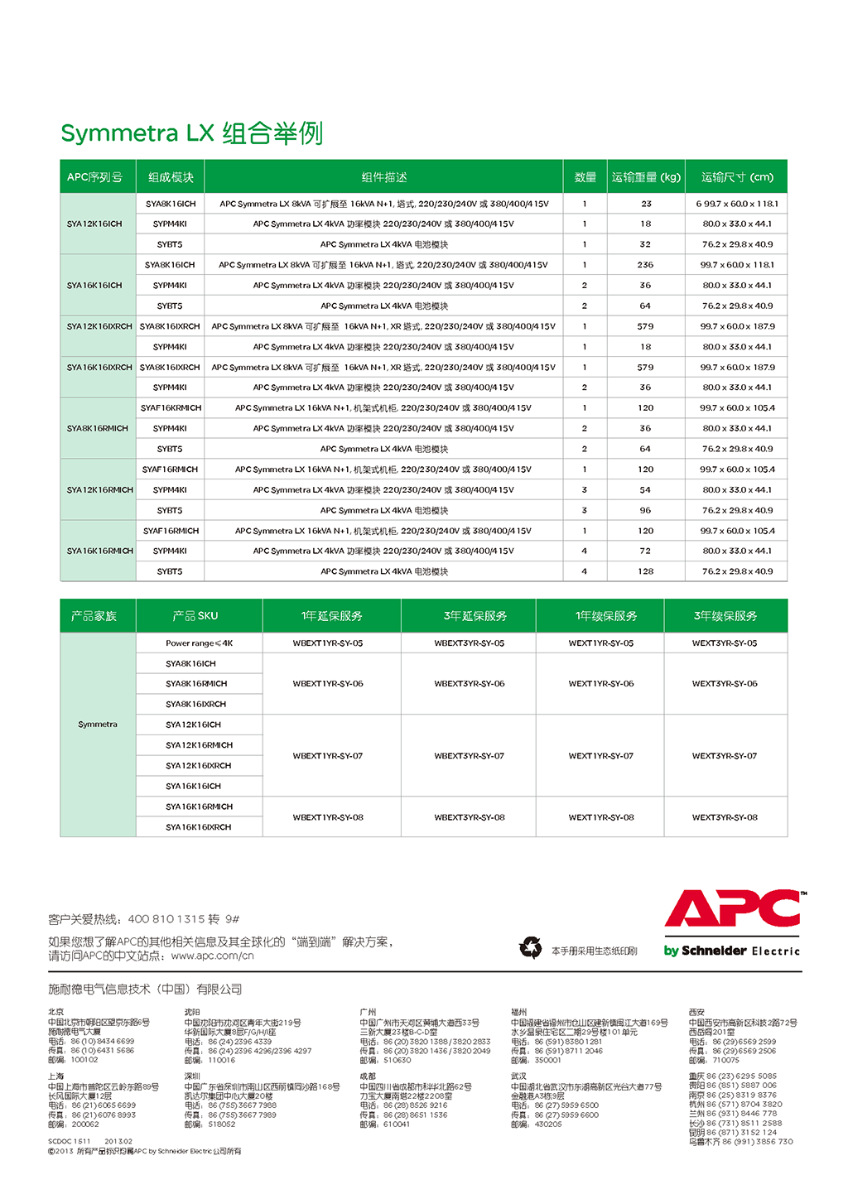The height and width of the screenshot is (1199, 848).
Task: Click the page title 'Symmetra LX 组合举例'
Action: (x=191, y=133)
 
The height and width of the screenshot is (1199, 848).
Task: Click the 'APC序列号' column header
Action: (x=94, y=177)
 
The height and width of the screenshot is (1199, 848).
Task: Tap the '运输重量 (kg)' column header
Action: (x=646, y=177)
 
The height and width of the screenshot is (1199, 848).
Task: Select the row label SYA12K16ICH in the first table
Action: (x=94, y=224)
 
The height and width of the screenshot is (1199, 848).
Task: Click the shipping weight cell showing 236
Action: (x=645, y=265)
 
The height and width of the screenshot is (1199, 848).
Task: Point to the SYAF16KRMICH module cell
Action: (x=171, y=408)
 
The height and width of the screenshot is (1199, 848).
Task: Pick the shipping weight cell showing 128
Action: (x=645, y=571)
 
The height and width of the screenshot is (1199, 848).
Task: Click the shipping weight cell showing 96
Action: (x=645, y=510)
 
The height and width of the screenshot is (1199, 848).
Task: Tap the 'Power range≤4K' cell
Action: (x=199, y=643)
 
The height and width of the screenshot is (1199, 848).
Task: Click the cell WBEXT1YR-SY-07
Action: (x=328, y=756)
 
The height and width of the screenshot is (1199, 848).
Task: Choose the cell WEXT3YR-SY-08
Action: (x=725, y=817)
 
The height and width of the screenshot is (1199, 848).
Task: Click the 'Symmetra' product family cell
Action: (x=98, y=725)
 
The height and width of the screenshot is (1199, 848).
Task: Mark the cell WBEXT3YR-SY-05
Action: (x=469, y=643)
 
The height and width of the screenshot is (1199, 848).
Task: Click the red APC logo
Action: (x=733, y=909)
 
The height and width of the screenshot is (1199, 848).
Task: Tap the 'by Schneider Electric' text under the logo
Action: (x=732, y=951)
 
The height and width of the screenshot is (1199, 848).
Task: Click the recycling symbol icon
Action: (x=530, y=947)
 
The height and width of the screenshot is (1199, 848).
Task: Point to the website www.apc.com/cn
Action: (x=212, y=956)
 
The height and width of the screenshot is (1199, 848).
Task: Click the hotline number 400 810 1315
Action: (x=166, y=919)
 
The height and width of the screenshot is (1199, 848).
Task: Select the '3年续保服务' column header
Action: (x=725, y=616)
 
